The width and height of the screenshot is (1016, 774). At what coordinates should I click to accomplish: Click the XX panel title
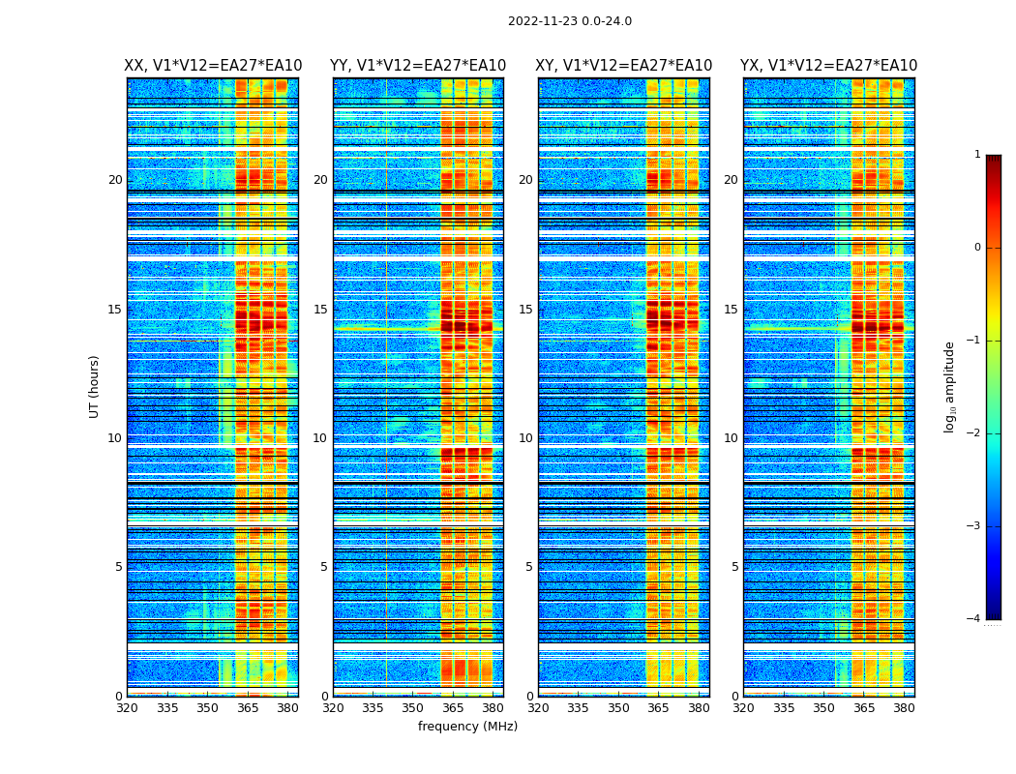pos(213,66)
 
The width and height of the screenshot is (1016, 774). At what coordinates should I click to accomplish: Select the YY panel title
pos(418,66)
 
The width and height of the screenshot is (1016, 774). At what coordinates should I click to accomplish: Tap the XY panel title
pos(624,66)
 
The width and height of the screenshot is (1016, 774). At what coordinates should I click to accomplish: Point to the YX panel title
pos(829,66)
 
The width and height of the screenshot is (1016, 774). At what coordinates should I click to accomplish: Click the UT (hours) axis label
pos(94,386)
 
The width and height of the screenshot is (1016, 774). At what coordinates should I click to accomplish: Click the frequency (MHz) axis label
pos(467,727)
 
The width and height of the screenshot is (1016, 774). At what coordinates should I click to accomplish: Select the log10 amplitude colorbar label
pos(950,386)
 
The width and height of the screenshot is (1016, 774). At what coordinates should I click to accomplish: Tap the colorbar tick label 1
pos(977,155)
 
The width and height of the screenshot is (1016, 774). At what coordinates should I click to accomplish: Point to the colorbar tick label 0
pos(977,248)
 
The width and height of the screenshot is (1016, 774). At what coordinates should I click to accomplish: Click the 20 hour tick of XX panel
pos(115,180)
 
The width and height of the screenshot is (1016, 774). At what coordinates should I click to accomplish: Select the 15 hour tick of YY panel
pos(320,310)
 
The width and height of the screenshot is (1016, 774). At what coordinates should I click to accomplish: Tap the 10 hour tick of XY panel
pos(525,438)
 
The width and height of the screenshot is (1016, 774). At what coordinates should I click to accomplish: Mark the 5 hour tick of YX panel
pos(735,567)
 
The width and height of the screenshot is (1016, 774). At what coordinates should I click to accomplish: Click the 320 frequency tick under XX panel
pos(127,707)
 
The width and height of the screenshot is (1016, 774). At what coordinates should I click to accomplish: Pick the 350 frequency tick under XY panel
pos(618,707)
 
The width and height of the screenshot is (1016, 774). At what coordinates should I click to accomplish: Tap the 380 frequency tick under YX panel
pos(904,707)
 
